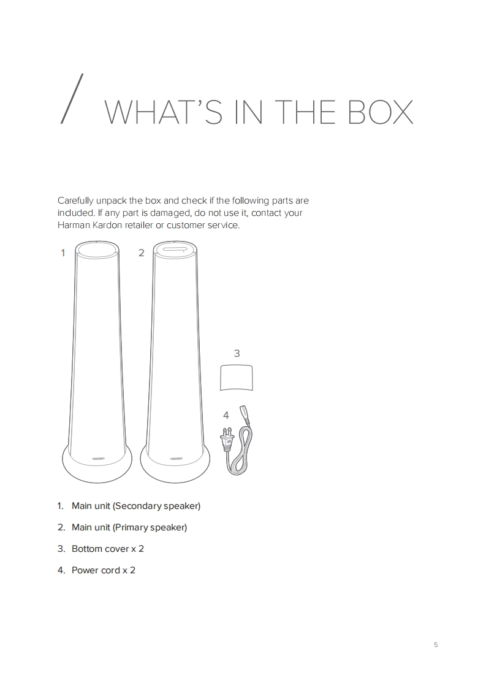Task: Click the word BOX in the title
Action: click(x=381, y=112)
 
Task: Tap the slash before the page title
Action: click(x=72, y=99)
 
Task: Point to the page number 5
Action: click(x=436, y=644)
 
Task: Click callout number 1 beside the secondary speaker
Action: click(x=63, y=253)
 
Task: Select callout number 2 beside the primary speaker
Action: click(x=141, y=253)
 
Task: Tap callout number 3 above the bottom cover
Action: click(x=237, y=353)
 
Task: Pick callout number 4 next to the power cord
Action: click(x=226, y=415)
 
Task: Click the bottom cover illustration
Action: click(x=237, y=378)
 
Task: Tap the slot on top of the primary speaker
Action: click(x=175, y=249)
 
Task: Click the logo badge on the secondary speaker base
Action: click(x=98, y=459)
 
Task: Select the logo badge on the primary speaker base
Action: click(x=177, y=459)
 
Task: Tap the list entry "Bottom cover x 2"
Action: click(x=108, y=549)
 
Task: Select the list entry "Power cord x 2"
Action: click(x=104, y=570)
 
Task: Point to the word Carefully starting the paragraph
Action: click(x=75, y=201)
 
